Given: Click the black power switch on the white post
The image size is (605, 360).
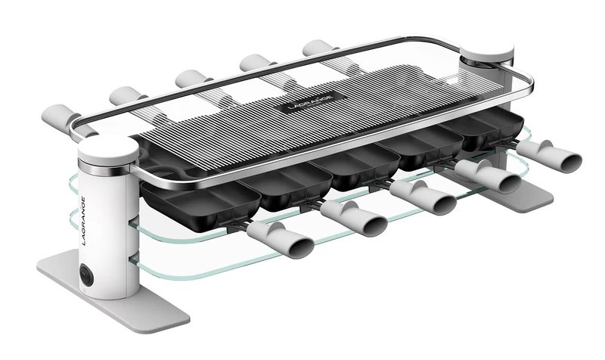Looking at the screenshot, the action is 85,272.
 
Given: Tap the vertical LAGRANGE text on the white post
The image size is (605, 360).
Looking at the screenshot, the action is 85,221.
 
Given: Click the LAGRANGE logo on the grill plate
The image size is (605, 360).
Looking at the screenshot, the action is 310,102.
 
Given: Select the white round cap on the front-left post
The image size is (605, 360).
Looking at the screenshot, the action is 107,147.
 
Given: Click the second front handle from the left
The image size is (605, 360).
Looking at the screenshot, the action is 354,218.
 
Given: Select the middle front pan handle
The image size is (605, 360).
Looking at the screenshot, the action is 423,197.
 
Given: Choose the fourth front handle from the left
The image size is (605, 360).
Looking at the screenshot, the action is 488,177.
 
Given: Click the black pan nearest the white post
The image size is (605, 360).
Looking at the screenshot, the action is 200,203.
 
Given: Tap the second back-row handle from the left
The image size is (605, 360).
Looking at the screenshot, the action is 127,97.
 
